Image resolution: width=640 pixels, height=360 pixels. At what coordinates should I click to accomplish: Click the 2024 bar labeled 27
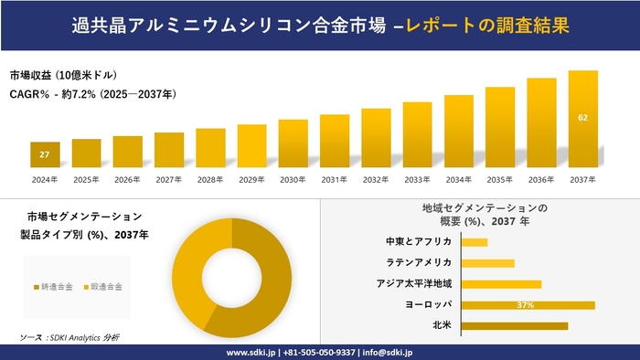click(45, 155)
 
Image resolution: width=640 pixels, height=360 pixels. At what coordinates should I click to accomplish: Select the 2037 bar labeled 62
click(582, 119)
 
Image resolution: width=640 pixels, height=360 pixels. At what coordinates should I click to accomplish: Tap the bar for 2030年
click(293, 143)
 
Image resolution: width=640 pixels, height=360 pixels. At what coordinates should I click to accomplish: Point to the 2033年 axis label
click(417, 180)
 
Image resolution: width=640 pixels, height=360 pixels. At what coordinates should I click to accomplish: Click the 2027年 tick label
click(169, 180)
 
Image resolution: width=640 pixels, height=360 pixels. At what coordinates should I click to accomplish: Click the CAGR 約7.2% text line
click(93, 94)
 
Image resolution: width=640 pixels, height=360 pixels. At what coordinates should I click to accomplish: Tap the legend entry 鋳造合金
click(56, 286)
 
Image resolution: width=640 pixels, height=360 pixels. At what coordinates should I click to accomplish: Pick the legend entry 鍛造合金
click(104, 286)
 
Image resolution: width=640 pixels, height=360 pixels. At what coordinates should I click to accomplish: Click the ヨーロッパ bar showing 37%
click(528, 304)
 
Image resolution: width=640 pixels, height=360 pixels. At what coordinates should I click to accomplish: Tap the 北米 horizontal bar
click(514, 325)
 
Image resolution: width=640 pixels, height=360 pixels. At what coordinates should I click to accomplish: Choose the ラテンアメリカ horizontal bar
click(487, 263)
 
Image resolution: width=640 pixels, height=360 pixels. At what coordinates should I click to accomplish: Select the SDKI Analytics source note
click(70, 337)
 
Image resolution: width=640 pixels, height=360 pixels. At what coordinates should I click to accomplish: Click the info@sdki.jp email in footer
click(388, 352)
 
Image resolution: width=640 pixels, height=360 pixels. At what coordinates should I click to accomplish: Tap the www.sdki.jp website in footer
click(251, 352)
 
